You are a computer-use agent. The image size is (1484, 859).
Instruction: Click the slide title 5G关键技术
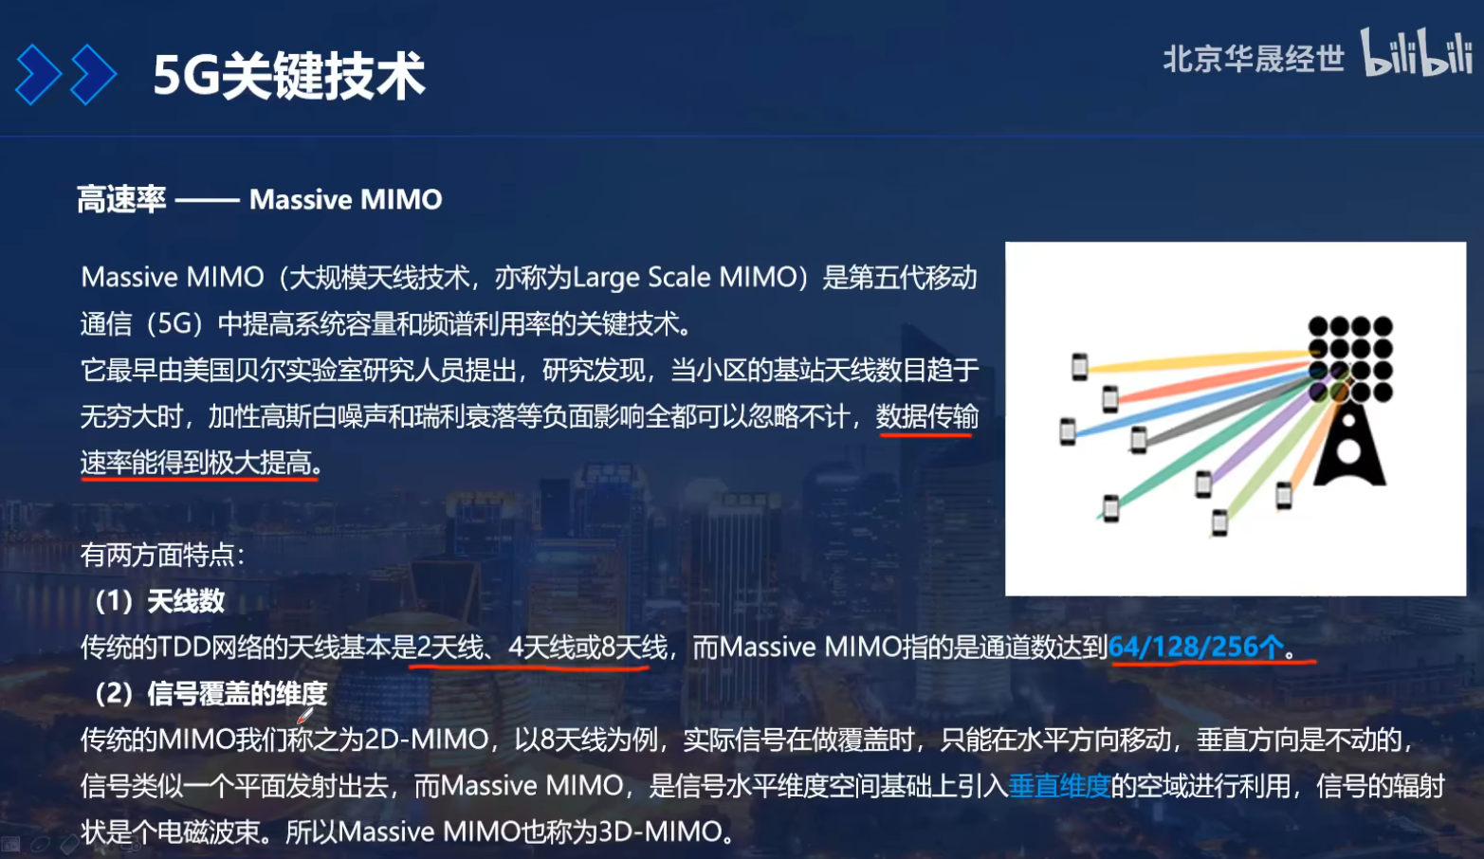pyautogui.click(x=288, y=76)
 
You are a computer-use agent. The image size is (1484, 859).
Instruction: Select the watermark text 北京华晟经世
pyautogui.click(x=1253, y=59)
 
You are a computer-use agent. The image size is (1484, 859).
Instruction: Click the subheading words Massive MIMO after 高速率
pyautogui.click(x=345, y=199)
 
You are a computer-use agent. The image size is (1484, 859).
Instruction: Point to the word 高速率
pyautogui.click(x=121, y=199)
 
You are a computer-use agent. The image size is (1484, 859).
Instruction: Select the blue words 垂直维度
pyautogui.click(x=1059, y=785)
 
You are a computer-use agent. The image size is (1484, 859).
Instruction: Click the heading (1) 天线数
pyautogui.click(x=160, y=600)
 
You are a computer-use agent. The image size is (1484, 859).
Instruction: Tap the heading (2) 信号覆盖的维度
pyautogui.click(x=211, y=693)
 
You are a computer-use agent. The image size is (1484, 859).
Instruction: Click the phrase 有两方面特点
pyautogui.click(x=161, y=554)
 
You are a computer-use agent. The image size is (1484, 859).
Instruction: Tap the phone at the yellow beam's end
pyautogui.click(x=1079, y=366)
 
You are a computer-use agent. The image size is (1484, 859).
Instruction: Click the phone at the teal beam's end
pyautogui.click(x=1110, y=508)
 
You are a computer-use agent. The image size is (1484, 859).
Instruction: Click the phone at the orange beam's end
pyautogui.click(x=1284, y=495)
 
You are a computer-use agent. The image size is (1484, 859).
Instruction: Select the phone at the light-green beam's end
pyautogui.click(x=1219, y=521)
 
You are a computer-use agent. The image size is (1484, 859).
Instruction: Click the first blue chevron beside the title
pyautogui.click(x=39, y=75)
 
